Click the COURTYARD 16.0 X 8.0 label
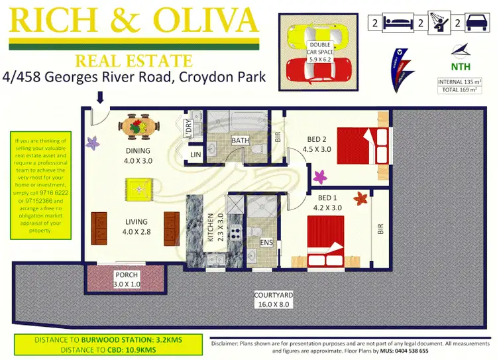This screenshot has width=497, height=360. [273, 300]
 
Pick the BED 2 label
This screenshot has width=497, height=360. [316, 144]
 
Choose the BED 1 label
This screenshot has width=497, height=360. [328, 203]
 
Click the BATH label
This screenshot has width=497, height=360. [240, 141]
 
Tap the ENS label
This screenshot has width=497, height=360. [266, 243]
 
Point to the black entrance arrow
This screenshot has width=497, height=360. [100, 98]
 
